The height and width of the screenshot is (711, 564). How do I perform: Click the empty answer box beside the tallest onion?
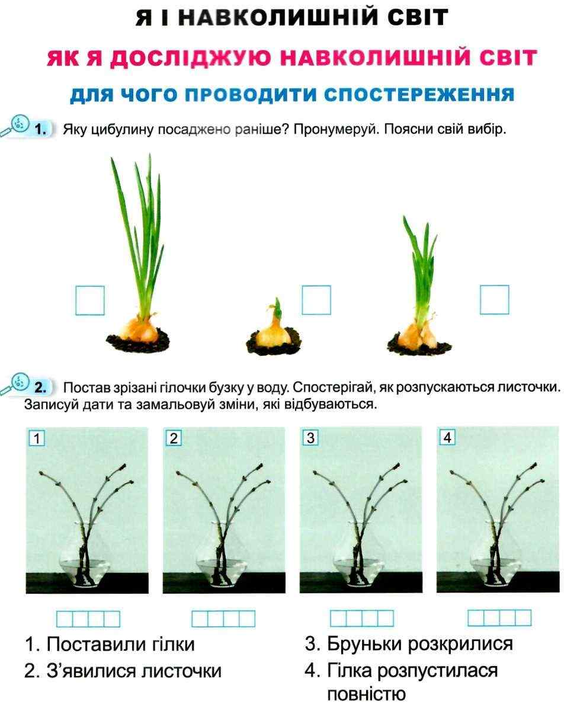tap(90, 300)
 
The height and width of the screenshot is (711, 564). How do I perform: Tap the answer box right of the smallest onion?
tap(316, 300)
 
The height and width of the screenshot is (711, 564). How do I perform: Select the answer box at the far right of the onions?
tap(494, 300)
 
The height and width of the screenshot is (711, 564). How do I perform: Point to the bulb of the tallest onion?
tap(142, 328)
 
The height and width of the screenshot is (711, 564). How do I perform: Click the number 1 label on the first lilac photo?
tap(37, 438)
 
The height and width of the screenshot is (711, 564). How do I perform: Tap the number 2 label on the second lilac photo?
tap(174, 438)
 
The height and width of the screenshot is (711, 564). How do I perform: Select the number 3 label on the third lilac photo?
tap(310, 438)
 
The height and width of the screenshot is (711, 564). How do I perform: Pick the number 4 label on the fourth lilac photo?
tap(447, 438)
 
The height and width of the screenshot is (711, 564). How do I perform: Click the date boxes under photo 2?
tap(223, 619)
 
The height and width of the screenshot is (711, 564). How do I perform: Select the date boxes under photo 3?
tap(361, 619)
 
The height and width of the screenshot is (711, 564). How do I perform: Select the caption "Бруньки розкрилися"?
tap(408, 644)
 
